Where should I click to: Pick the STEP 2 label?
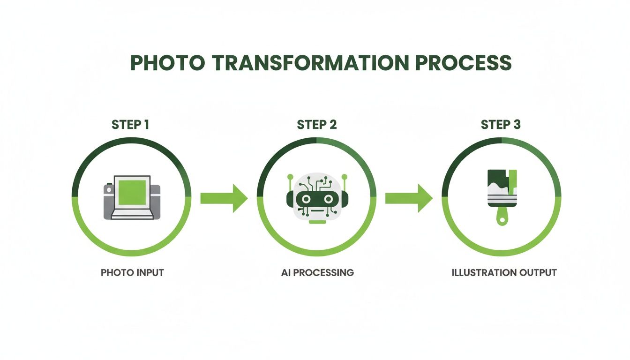[316, 125]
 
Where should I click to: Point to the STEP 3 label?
[501, 125]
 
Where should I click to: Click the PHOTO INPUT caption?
[132, 272]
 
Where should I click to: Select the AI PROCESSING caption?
[317, 272]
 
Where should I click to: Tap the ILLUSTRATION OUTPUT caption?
[504, 272]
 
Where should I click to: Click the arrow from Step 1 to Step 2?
[223, 198]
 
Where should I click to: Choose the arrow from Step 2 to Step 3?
[408, 198]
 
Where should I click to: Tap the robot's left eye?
[306, 199]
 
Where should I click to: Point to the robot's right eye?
[328, 199]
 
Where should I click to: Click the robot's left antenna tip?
[290, 177]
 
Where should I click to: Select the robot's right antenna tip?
[345, 177]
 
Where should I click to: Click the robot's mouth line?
[317, 210]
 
